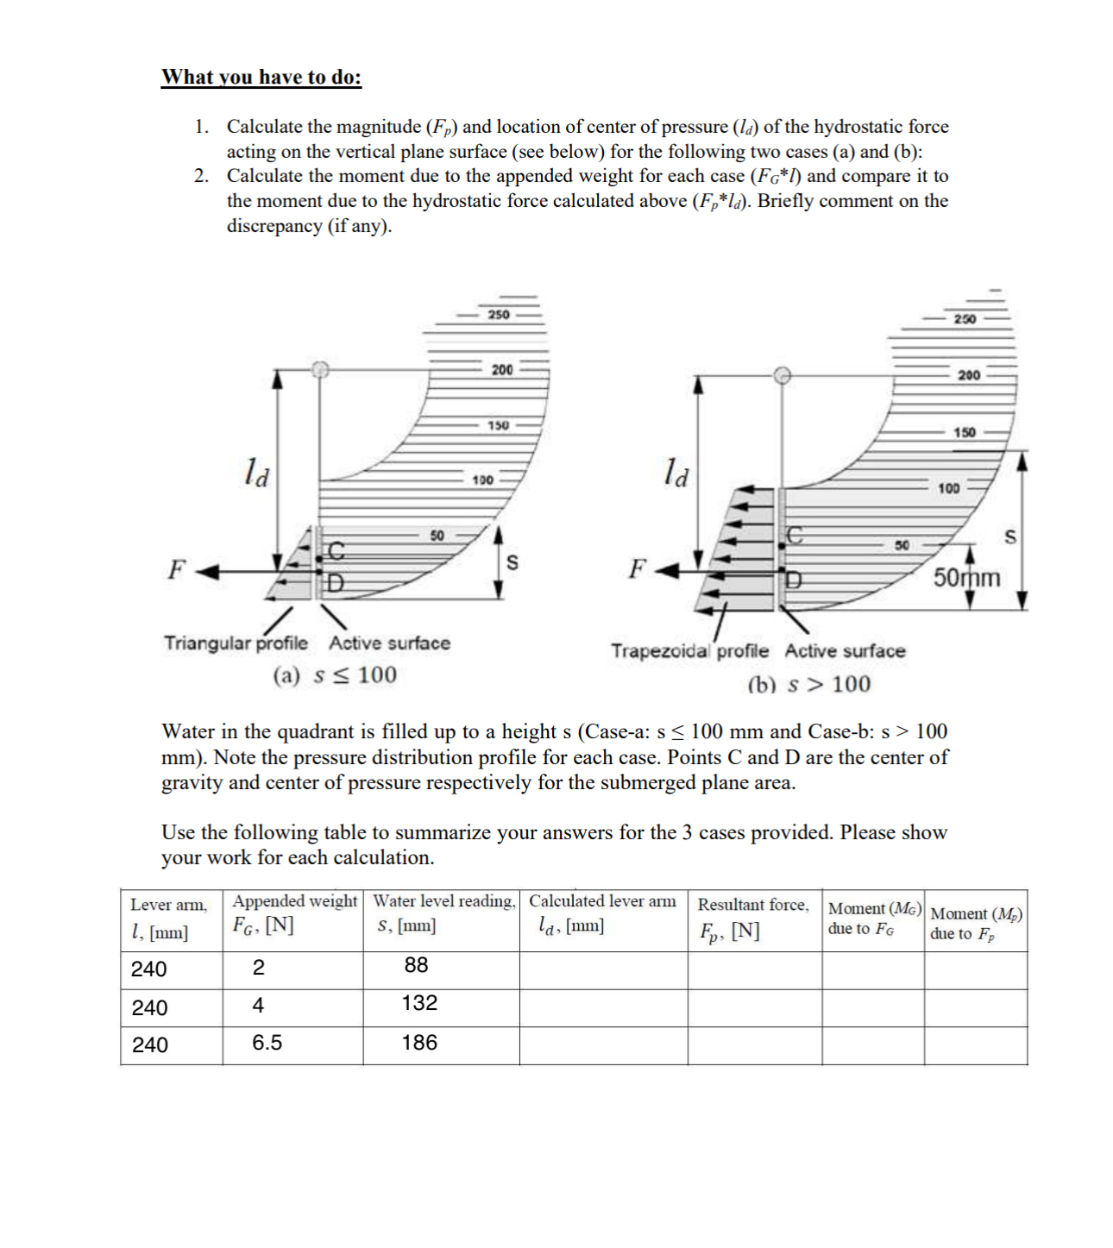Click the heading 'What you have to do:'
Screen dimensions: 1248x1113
coord(261,77)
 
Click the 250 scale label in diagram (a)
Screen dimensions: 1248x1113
coord(499,315)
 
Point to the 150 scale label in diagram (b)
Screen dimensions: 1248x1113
coord(964,432)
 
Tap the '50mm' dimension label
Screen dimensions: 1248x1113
coord(967,577)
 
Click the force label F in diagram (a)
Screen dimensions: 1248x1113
coord(176,570)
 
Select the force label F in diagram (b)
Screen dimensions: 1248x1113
coord(637,569)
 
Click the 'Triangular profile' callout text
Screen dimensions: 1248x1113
coord(236,643)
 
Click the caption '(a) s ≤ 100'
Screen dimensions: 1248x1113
coord(335,674)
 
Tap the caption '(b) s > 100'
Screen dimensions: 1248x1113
coord(808,685)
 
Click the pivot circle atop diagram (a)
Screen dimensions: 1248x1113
coord(320,369)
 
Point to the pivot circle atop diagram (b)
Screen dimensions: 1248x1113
coord(782,375)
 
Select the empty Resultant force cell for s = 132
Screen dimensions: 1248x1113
coord(754,1007)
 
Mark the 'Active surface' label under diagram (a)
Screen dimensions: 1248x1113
coord(389,643)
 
